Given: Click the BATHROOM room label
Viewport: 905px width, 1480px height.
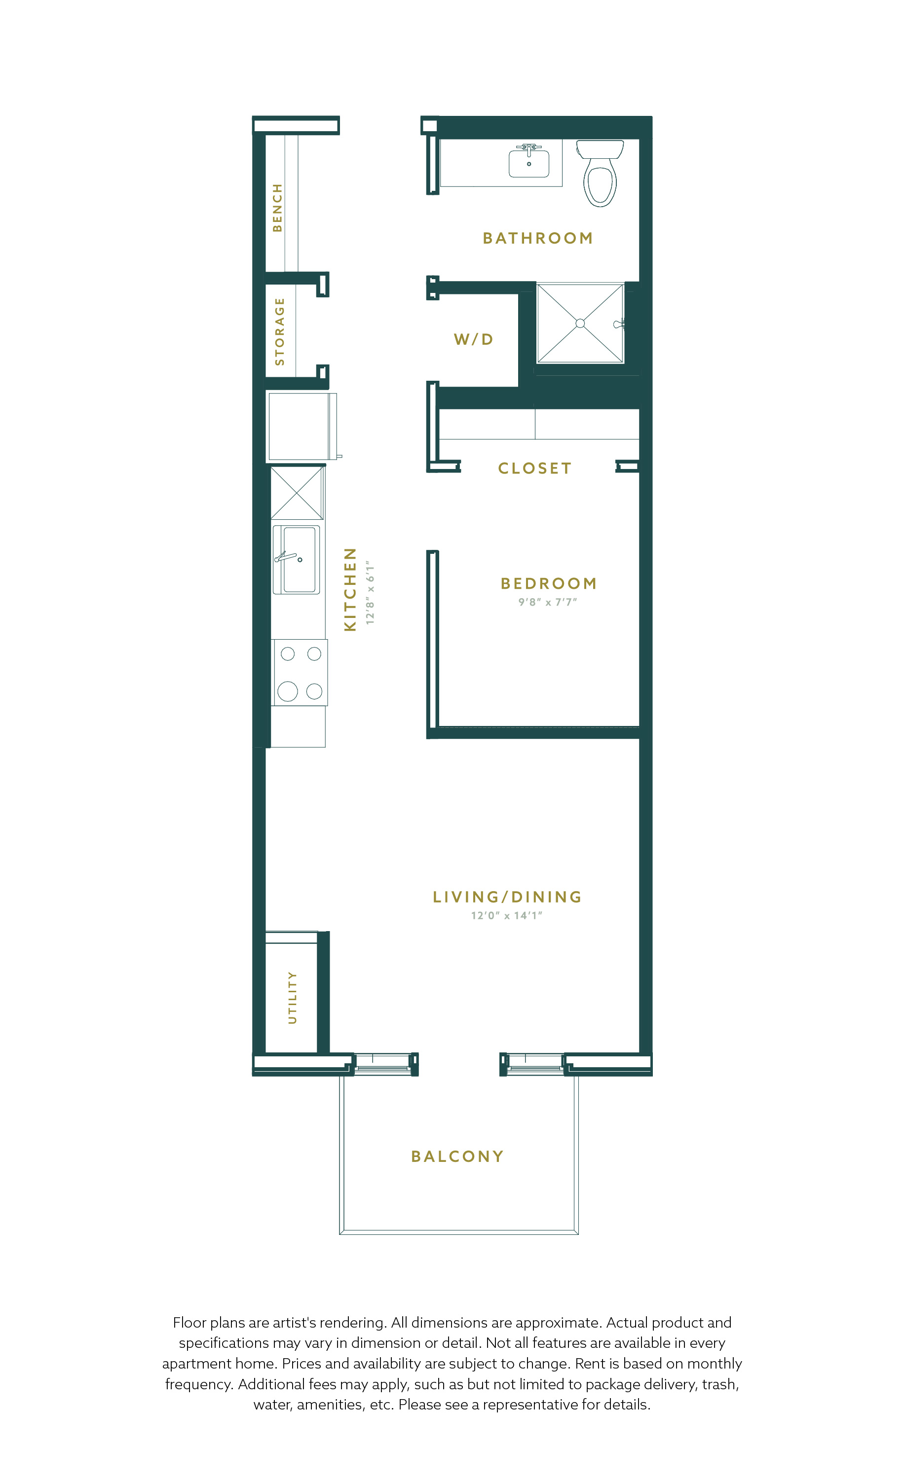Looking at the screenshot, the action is point(538,239).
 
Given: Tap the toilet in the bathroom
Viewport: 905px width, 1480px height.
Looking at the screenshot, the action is point(600,174).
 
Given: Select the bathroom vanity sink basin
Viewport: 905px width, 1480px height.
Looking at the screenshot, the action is point(529,164).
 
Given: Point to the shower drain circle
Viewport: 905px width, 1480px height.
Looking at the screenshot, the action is point(580,323).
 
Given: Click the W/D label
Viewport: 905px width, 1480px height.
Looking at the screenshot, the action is point(474,339).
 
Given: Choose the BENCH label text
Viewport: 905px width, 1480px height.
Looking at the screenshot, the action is point(277,208).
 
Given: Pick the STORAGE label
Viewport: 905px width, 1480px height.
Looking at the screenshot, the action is point(279,331).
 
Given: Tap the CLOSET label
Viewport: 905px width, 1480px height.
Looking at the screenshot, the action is point(535,469).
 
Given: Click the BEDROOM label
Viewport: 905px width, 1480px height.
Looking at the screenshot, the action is point(549,584).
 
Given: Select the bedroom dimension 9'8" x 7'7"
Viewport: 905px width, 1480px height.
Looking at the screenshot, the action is point(547,602).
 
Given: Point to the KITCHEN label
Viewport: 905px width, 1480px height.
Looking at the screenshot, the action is point(350,589).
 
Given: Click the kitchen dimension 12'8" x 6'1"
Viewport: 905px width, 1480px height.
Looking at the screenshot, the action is point(370,593).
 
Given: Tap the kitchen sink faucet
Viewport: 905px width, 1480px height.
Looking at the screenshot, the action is point(287,557).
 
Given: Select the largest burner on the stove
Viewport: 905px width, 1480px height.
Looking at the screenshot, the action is point(288,691).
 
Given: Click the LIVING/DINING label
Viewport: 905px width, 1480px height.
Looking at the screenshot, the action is point(507,898).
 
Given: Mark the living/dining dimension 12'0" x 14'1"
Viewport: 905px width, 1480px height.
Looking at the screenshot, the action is point(507,915).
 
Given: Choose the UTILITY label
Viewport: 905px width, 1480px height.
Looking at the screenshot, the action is point(292,998).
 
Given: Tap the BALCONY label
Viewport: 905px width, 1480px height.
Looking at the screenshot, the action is point(457,1157).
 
